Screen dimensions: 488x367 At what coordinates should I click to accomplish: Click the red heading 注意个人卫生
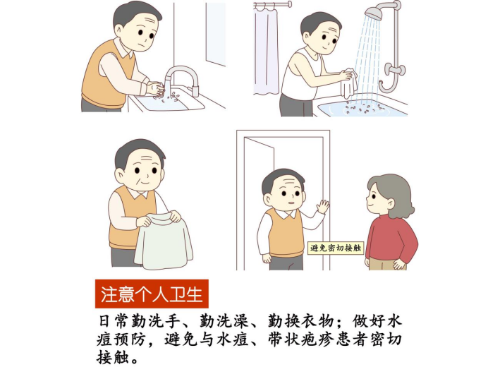click(152, 294)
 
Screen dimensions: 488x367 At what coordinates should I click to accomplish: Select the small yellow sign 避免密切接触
click(336, 248)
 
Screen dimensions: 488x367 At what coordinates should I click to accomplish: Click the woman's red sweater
click(391, 239)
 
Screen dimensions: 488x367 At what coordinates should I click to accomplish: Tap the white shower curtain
click(266, 51)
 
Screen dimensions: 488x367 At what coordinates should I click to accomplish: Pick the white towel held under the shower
click(348, 83)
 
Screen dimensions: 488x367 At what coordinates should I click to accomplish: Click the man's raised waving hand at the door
click(322, 205)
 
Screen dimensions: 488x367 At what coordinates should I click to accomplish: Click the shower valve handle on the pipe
click(395, 69)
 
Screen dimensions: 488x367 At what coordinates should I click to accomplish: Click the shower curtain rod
click(273, 5)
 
